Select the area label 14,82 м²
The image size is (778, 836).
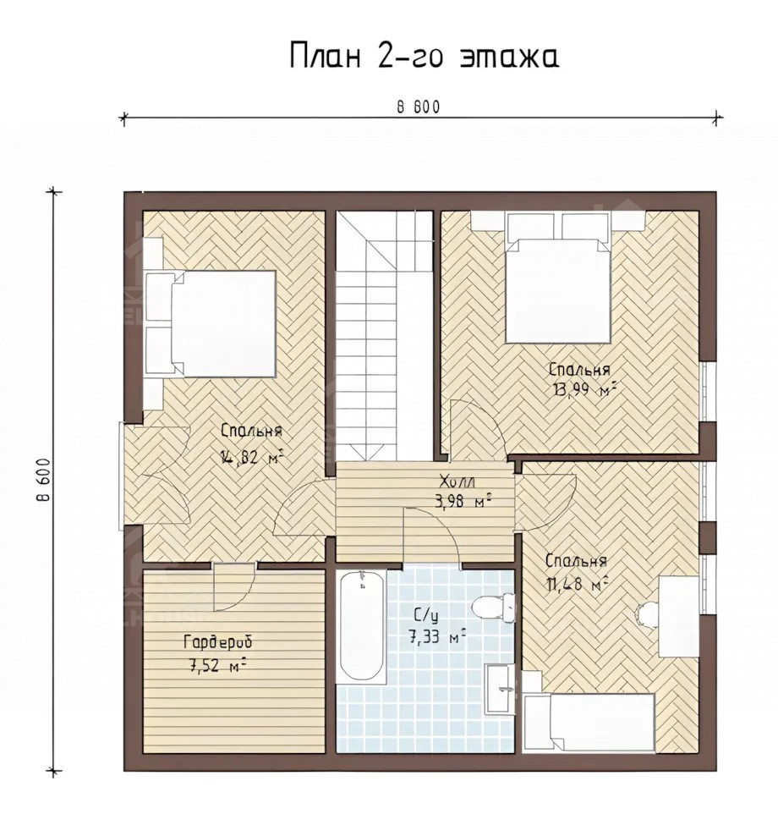click(x=251, y=457)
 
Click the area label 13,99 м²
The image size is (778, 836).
click(x=581, y=389)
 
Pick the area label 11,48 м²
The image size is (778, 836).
click(x=578, y=583)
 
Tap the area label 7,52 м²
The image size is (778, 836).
click(x=217, y=664)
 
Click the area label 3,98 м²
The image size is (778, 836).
click(x=461, y=501)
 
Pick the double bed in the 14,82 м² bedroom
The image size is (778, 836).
click(x=211, y=323)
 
